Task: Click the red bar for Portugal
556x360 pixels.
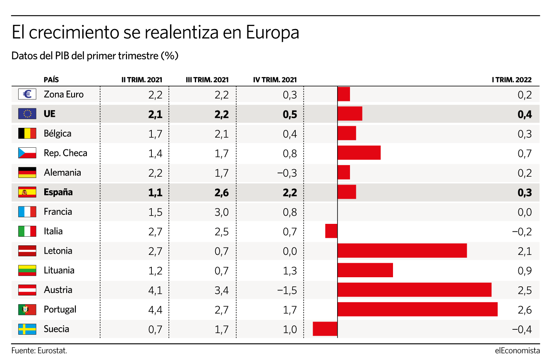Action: (x=417, y=310)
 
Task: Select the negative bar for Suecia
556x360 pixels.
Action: (x=325, y=329)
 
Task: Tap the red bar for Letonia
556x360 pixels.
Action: (x=402, y=250)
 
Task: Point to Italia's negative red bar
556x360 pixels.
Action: (x=331, y=231)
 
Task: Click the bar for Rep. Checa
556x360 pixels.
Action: (x=359, y=153)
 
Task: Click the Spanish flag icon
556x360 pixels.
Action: (x=27, y=192)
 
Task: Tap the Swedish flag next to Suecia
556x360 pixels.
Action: (x=27, y=329)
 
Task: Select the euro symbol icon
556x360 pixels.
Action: (x=27, y=94)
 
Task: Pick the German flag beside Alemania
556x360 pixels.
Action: (x=27, y=172)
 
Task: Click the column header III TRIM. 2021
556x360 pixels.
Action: (x=207, y=80)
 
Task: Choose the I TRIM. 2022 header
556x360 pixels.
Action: (x=512, y=80)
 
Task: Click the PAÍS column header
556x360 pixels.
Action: (x=51, y=79)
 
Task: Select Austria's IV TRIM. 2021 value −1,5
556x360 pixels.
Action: (x=287, y=290)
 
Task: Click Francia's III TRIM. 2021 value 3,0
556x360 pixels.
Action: (x=222, y=212)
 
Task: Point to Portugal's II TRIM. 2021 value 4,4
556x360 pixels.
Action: (x=155, y=310)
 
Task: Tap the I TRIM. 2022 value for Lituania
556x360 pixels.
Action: (x=525, y=270)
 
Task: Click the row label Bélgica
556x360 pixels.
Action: (x=58, y=133)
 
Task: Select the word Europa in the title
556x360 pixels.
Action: (x=273, y=33)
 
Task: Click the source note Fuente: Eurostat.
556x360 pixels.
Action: (x=39, y=350)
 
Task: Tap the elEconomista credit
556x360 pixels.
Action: (x=517, y=350)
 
